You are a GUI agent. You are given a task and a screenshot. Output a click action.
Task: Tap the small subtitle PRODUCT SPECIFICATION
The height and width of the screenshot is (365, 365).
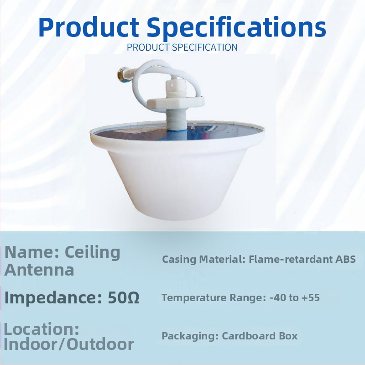tap(182, 47)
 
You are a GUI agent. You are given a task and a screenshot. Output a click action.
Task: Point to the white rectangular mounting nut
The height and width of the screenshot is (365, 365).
tap(175, 101)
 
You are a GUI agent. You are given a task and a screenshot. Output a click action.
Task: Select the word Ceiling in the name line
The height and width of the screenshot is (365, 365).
tap(93, 253)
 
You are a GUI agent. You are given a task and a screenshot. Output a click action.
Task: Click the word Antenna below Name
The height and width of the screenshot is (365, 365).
tap(39, 270)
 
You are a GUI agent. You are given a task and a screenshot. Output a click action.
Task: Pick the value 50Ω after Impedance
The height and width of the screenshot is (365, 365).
tap(124, 297)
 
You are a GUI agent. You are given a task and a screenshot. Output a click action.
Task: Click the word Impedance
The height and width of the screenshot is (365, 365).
tap(53, 297)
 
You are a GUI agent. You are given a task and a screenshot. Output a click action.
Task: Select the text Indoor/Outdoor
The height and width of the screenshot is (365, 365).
tap(69, 344)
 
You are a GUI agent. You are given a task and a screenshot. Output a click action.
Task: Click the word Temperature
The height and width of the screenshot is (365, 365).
tap(195, 298)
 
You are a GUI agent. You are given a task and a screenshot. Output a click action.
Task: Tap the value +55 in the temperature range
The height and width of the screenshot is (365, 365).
tap(311, 297)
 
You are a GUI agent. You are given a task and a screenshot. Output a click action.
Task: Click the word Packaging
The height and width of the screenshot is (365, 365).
tap(190, 336)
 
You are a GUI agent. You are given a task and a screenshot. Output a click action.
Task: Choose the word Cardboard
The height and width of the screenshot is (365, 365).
tap(245, 336)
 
